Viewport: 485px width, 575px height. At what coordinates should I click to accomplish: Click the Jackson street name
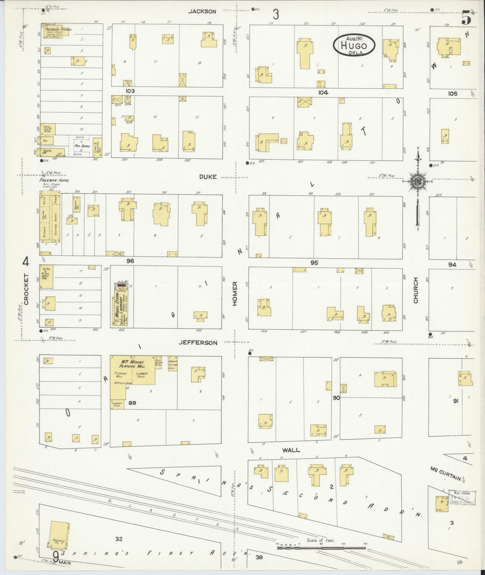pyautogui.click(x=202, y=11)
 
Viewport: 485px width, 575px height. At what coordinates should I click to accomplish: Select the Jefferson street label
pyautogui.click(x=198, y=343)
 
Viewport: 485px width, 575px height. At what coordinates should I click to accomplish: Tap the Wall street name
pyautogui.click(x=291, y=450)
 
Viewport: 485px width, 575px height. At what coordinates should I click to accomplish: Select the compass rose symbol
pyautogui.click(x=418, y=182)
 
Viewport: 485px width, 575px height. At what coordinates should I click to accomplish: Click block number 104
pyautogui.click(x=323, y=92)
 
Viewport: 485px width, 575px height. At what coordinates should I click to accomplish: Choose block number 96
pyautogui.click(x=130, y=260)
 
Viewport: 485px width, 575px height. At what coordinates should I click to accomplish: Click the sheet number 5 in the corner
pyautogui.click(x=466, y=17)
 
